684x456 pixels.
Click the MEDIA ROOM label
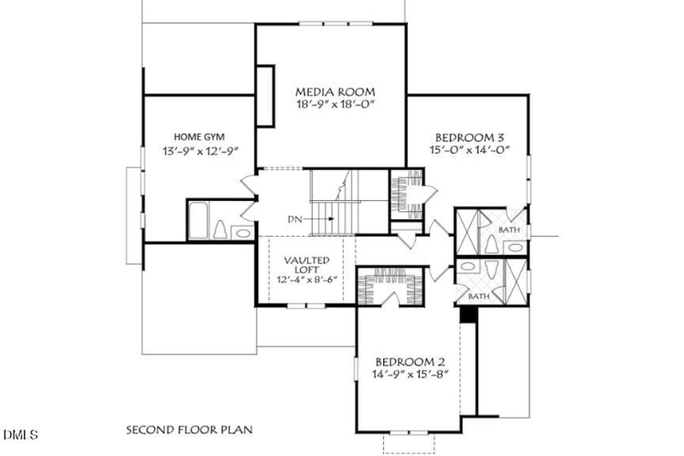pos(335,92)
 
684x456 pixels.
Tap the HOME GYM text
pos(199,137)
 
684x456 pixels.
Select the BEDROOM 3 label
pos(469,138)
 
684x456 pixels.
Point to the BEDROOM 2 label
pos(410,362)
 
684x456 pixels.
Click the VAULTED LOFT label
pos(307,265)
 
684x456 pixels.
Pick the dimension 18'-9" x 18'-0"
pos(335,104)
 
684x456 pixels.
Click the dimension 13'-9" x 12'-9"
pos(200,151)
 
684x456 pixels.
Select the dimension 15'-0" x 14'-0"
pos(469,150)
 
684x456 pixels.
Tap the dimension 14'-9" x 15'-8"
pos(410,374)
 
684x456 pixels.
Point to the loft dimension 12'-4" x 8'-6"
pos(308,280)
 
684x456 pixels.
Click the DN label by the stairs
pos(294,219)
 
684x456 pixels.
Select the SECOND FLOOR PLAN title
pos(189,429)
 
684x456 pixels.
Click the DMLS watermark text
pos(21,434)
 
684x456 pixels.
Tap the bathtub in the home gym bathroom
pos(198,221)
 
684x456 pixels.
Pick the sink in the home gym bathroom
pos(243,233)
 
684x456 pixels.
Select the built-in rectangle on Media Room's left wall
pos(265,96)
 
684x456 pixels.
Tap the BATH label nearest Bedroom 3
pos(509,229)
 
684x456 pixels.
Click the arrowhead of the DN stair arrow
pos(332,219)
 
